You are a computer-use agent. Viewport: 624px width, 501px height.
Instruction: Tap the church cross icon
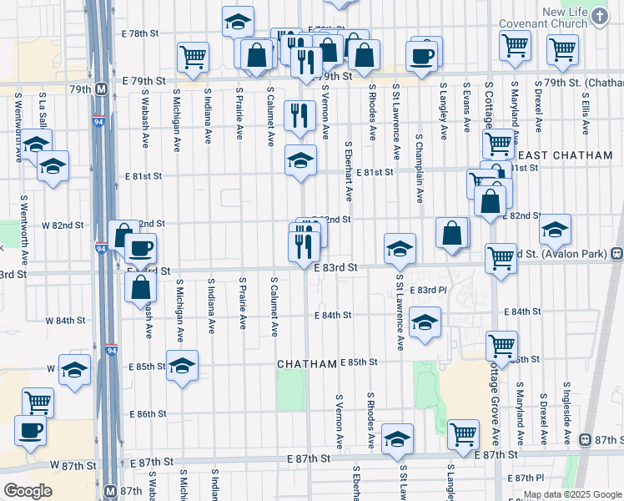(600, 15)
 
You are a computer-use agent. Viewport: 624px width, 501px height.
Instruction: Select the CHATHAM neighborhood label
(306, 364)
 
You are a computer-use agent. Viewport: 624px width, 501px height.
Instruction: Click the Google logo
(28, 491)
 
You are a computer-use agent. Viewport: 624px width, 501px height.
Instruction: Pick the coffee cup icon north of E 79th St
(421, 55)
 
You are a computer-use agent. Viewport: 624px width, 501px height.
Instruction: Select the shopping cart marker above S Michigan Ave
(193, 56)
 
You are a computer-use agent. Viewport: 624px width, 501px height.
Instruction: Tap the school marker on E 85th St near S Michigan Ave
(182, 367)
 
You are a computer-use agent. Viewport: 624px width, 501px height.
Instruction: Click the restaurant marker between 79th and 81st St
(299, 115)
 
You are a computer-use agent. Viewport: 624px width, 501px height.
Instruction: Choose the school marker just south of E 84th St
(425, 323)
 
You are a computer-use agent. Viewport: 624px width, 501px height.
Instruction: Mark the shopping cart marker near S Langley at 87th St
(463, 433)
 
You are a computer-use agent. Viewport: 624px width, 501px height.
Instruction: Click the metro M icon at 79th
(101, 88)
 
